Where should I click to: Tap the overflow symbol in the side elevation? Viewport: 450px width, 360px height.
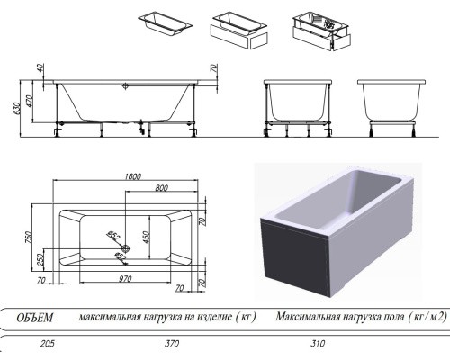[127, 87]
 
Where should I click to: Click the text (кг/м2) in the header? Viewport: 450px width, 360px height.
[415, 317]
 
